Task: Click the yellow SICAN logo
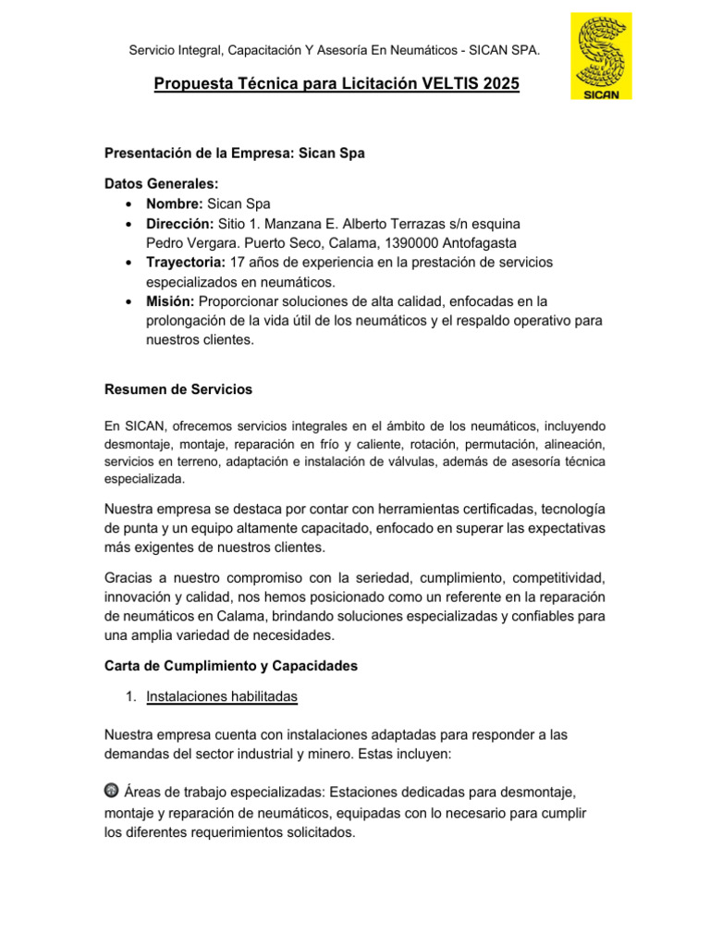[x=602, y=56]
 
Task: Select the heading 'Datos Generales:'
[x=162, y=185]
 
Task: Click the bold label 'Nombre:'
[x=175, y=204]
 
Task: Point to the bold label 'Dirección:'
[x=179, y=224]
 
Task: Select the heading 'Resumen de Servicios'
[x=178, y=389]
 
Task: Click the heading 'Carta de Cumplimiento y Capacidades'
[x=231, y=666]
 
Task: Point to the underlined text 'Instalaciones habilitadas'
[x=222, y=697]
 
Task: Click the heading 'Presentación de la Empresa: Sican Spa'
[x=235, y=154]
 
